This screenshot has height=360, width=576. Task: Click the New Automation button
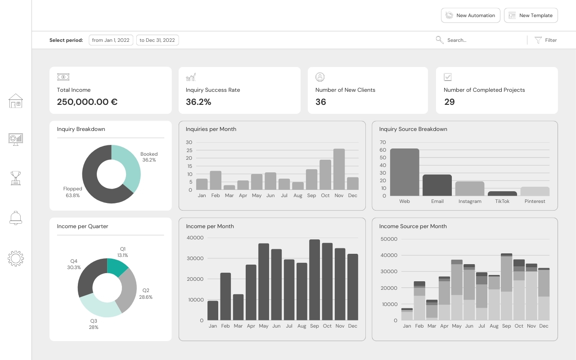[x=471, y=15]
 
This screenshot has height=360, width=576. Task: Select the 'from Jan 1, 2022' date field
[x=111, y=40]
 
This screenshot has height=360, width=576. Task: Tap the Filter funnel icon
[x=538, y=40]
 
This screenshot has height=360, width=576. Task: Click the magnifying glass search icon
[x=440, y=40]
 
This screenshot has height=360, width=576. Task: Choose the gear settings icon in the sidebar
[x=16, y=258]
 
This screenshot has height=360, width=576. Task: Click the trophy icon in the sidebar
[x=16, y=178]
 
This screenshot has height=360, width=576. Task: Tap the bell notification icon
[x=16, y=218]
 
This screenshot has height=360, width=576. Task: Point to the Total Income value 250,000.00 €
[x=87, y=102]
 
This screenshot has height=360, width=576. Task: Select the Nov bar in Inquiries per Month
[x=339, y=169]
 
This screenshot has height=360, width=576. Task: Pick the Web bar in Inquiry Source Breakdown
[x=405, y=172]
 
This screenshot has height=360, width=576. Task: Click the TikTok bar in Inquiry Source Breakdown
[x=502, y=193]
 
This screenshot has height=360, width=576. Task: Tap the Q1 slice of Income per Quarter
[x=117, y=267]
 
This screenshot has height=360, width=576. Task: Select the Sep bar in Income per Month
[x=315, y=280]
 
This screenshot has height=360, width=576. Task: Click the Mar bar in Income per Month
[x=238, y=307]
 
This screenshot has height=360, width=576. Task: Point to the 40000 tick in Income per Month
[x=195, y=238]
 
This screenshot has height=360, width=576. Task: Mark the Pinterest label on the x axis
[x=535, y=201]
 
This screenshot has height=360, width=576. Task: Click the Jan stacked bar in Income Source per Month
[x=407, y=314]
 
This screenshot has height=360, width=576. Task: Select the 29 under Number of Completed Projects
[x=450, y=102]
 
